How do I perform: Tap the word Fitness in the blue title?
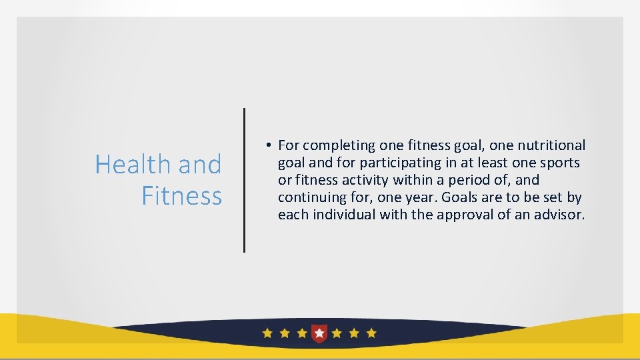181,196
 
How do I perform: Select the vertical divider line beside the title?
244,180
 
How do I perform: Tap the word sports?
559,163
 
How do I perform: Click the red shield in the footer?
319,333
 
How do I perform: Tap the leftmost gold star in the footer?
267,333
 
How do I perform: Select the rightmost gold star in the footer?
371,333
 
